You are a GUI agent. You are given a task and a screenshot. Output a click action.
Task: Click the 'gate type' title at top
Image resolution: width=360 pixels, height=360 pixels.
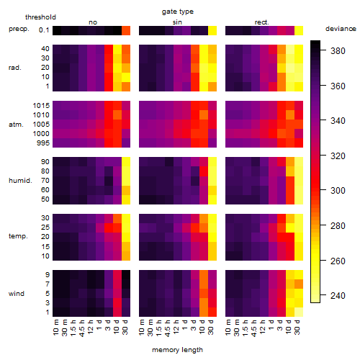[178, 12]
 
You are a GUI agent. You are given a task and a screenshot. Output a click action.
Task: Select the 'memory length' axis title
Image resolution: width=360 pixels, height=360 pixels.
[177, 350]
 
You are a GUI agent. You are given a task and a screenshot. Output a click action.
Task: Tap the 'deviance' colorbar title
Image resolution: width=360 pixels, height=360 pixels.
[341, 29]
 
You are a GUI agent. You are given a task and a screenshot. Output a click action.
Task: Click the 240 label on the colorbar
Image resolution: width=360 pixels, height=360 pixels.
[338, 296]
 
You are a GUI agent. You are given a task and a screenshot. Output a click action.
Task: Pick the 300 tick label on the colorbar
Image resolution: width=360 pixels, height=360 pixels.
[338, 191]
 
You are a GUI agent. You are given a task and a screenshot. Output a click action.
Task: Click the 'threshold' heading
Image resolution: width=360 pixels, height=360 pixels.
[40, 17]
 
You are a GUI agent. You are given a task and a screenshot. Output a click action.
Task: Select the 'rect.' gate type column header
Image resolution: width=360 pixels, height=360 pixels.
[261, 22]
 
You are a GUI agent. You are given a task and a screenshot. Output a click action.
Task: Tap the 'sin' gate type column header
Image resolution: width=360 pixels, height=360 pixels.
[177, 22]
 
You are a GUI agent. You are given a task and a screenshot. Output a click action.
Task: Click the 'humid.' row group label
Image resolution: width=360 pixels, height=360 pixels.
[20, 181]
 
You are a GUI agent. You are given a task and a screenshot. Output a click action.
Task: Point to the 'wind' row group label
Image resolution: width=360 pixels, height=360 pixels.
[17, 294]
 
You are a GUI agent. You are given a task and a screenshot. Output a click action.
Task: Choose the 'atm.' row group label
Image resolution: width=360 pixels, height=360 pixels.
[16, 125]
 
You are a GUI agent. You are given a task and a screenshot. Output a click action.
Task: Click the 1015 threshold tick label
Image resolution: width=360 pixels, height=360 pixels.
[41, 106]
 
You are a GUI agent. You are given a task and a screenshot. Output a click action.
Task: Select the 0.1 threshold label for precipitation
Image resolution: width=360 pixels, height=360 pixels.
[44, 30]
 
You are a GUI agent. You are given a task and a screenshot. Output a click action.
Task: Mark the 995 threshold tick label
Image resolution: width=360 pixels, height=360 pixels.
[43, 143]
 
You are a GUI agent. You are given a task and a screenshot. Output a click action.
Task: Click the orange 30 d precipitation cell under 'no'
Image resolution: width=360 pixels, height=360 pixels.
[126, 30]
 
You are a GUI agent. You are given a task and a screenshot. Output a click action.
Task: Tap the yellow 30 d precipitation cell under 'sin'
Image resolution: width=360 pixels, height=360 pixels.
[212, 30]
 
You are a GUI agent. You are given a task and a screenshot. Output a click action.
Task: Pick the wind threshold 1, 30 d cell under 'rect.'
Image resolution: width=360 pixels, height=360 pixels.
[299, 312]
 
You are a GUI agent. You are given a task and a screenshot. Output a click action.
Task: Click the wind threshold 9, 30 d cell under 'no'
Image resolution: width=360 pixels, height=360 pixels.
[126, 274]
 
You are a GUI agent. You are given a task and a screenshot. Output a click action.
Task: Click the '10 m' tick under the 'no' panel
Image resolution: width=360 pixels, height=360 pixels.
[56, 328]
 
